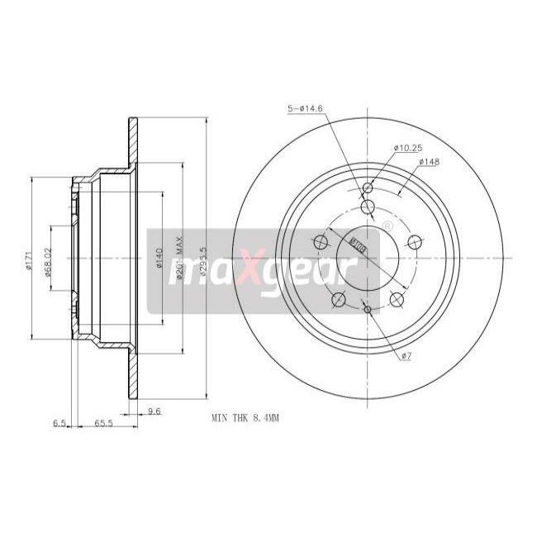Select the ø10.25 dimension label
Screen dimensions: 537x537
point(407,148)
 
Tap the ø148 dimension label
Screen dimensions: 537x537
point(428,161)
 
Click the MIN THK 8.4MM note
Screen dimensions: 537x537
point(246,419)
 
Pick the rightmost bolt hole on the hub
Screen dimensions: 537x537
point(414,241)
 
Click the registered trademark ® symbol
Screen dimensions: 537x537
point(386,226)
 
